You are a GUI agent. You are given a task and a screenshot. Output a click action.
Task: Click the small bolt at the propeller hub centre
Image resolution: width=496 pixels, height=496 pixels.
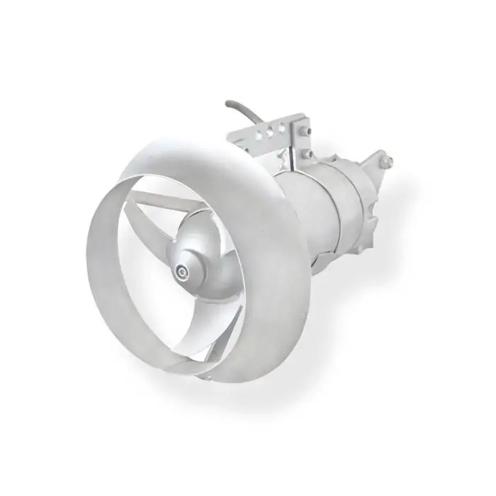184,270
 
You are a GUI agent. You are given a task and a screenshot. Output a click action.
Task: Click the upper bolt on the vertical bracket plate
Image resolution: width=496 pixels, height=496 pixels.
304,131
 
